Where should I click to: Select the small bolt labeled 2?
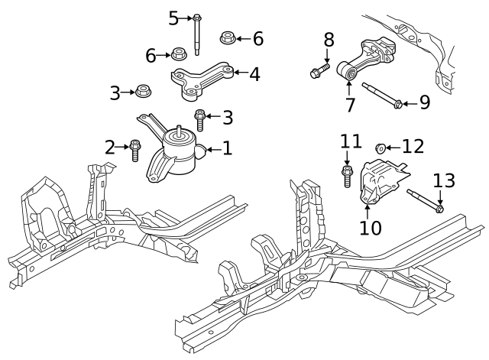tap(136, 150)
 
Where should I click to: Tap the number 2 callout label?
tap(109, 147)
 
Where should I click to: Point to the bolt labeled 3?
tap(200, 121)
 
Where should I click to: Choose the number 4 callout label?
tap(254, 74)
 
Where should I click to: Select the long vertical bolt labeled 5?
tap(198, 34)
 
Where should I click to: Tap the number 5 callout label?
tap(173, 16)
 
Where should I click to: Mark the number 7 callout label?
tap(350, 105)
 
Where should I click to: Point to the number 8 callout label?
tap(329, 39)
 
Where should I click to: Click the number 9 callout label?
tap(424, 102)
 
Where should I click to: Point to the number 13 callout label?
tap(443, 181)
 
